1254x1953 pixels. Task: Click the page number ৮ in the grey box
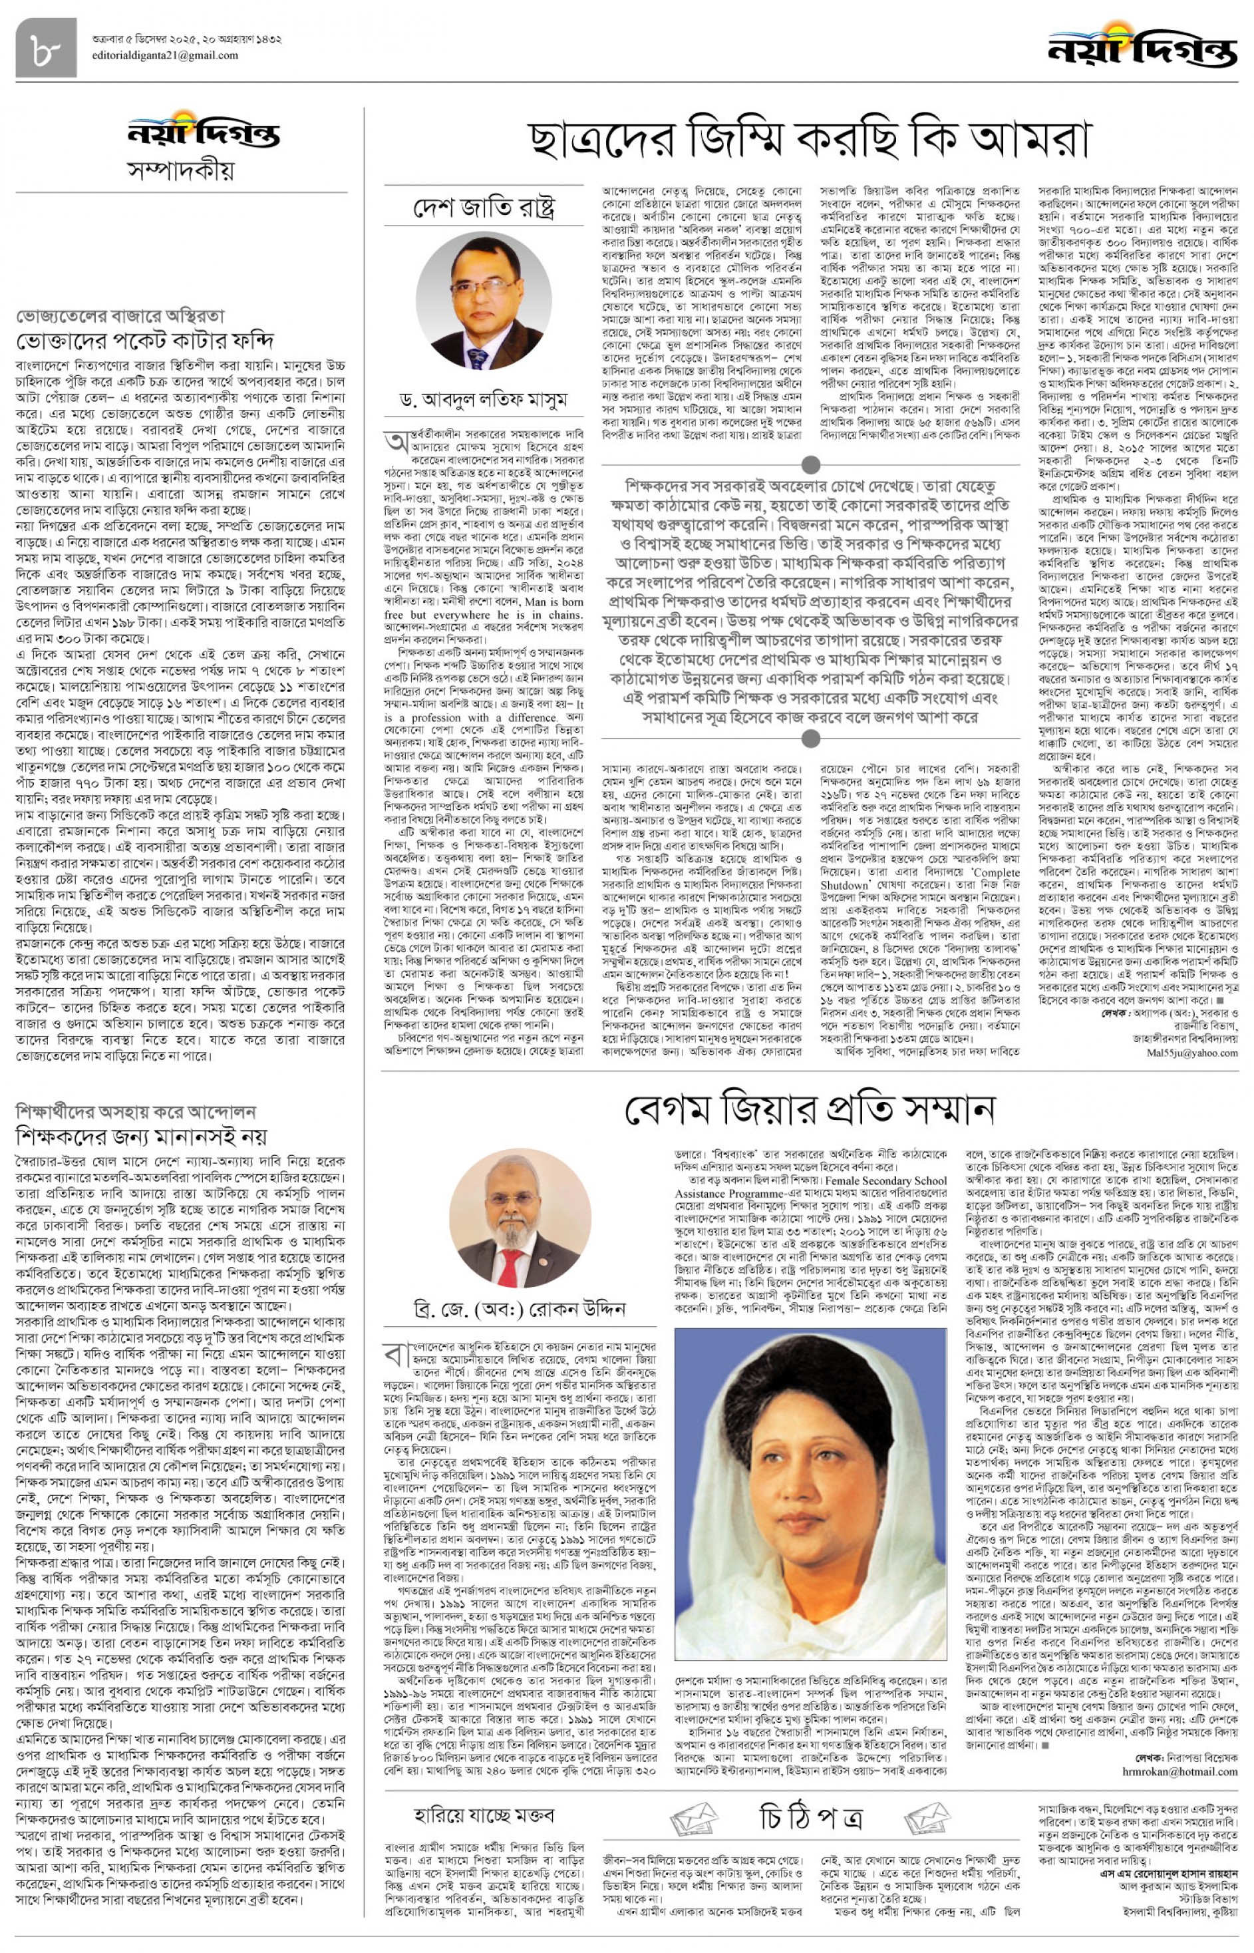coord(46,48)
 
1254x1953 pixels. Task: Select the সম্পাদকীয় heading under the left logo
coord(181,170)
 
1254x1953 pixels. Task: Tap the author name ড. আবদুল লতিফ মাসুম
coord(484,399)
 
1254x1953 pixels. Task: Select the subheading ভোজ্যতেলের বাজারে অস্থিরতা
coord(120,316)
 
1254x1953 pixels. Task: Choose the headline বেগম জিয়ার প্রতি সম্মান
coord(810,1110)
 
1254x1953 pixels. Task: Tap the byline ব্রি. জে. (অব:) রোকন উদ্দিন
coord(520,1309)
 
